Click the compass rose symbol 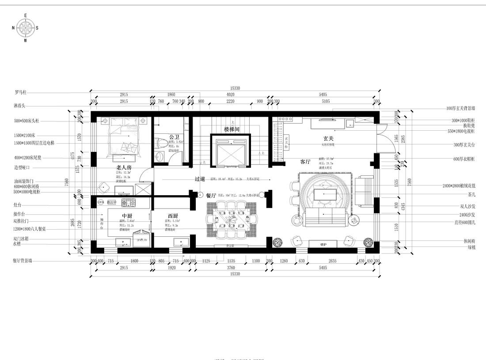click(25, 28)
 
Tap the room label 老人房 click(124, 167)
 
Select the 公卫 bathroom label click(167, 136)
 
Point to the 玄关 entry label click(328, 139)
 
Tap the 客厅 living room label click(306, 162)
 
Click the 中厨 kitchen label click(127, 216)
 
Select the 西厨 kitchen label click(173, 216)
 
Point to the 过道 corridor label click(200, 179)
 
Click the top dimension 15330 click(235, 88)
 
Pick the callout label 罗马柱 click(21, 93)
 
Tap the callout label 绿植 click(469, 248)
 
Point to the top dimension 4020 click(230, 95)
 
